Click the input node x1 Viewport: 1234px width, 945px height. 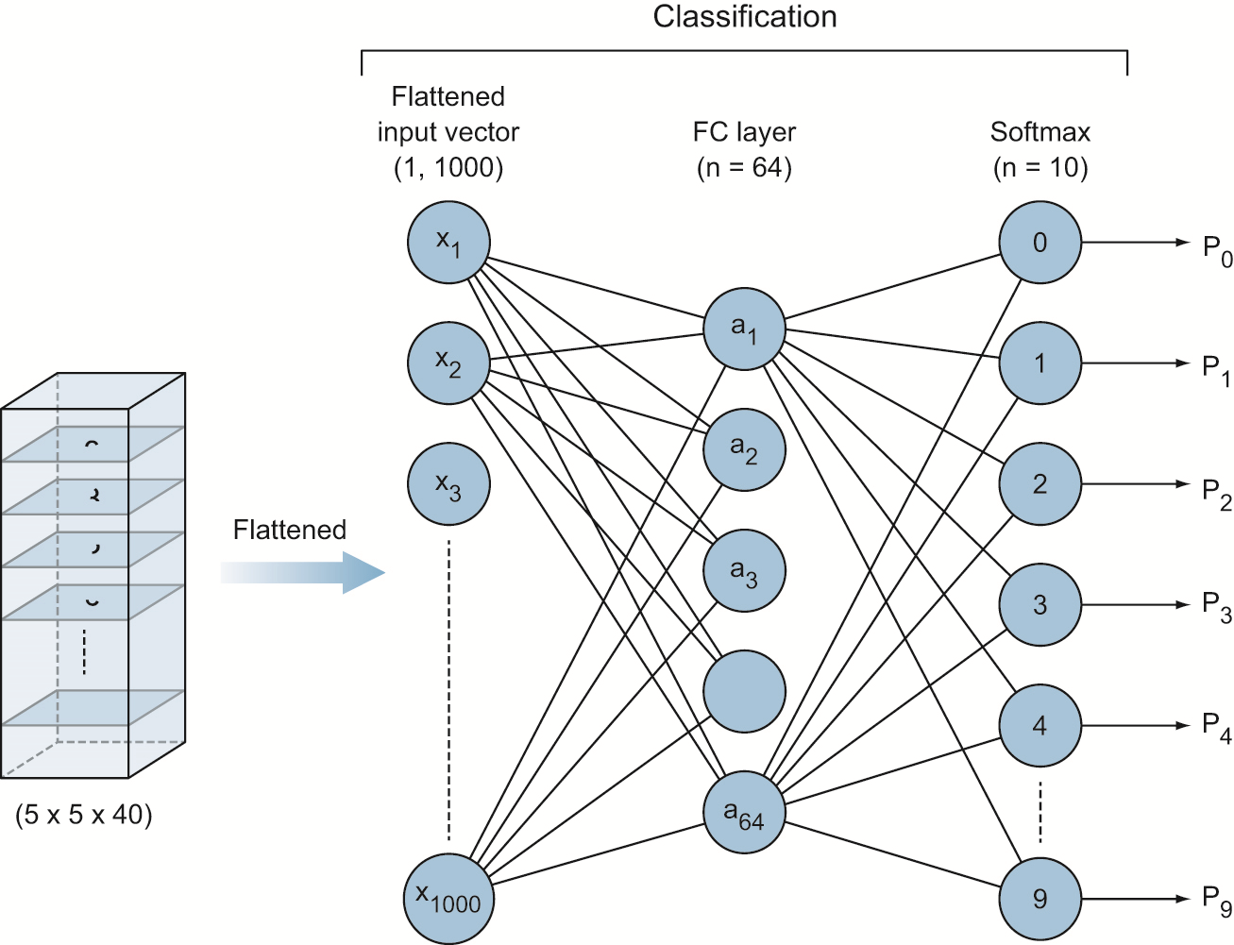click(448, 243)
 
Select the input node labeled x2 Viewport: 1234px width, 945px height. click(448, 363)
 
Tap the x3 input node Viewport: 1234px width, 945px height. click(448, 484)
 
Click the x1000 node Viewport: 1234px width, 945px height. click(448, 899)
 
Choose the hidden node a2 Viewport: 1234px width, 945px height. click(744, 449)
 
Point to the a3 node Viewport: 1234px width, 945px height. click(744, 571)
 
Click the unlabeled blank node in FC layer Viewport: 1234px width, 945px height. click(744, 692)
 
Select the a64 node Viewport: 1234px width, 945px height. click(744, 813)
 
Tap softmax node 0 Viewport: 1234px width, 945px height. click(1040, 243)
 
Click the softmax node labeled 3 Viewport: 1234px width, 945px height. click(1040, 605)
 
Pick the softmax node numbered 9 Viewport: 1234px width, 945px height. click(1040, 899)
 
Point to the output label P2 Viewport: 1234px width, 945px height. click(1216, 493)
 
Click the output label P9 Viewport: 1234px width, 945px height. click(1216, 901)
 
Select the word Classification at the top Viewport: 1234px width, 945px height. click(744, 17)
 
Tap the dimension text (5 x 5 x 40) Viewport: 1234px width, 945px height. click(83, 815)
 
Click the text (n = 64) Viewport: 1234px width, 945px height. click(744, 168)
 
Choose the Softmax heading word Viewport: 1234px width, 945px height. click(1040, 132)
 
